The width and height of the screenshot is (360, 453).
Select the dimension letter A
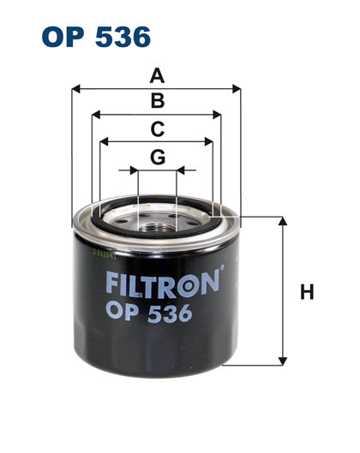(x=157, y=75)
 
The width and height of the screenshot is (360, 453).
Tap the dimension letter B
(x=157, y=102)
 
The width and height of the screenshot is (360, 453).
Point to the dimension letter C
(x=157, y=129)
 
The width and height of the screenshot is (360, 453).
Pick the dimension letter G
(x=157, y=157)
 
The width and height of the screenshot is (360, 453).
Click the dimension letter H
(x=306, y=293)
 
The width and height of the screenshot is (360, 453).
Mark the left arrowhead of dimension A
(x=76, y=87)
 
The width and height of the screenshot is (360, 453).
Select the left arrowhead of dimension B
(x=95, y=114)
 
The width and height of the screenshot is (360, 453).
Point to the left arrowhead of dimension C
(x=104, y=141)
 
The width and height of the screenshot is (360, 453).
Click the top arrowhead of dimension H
(x=282, y=221)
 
